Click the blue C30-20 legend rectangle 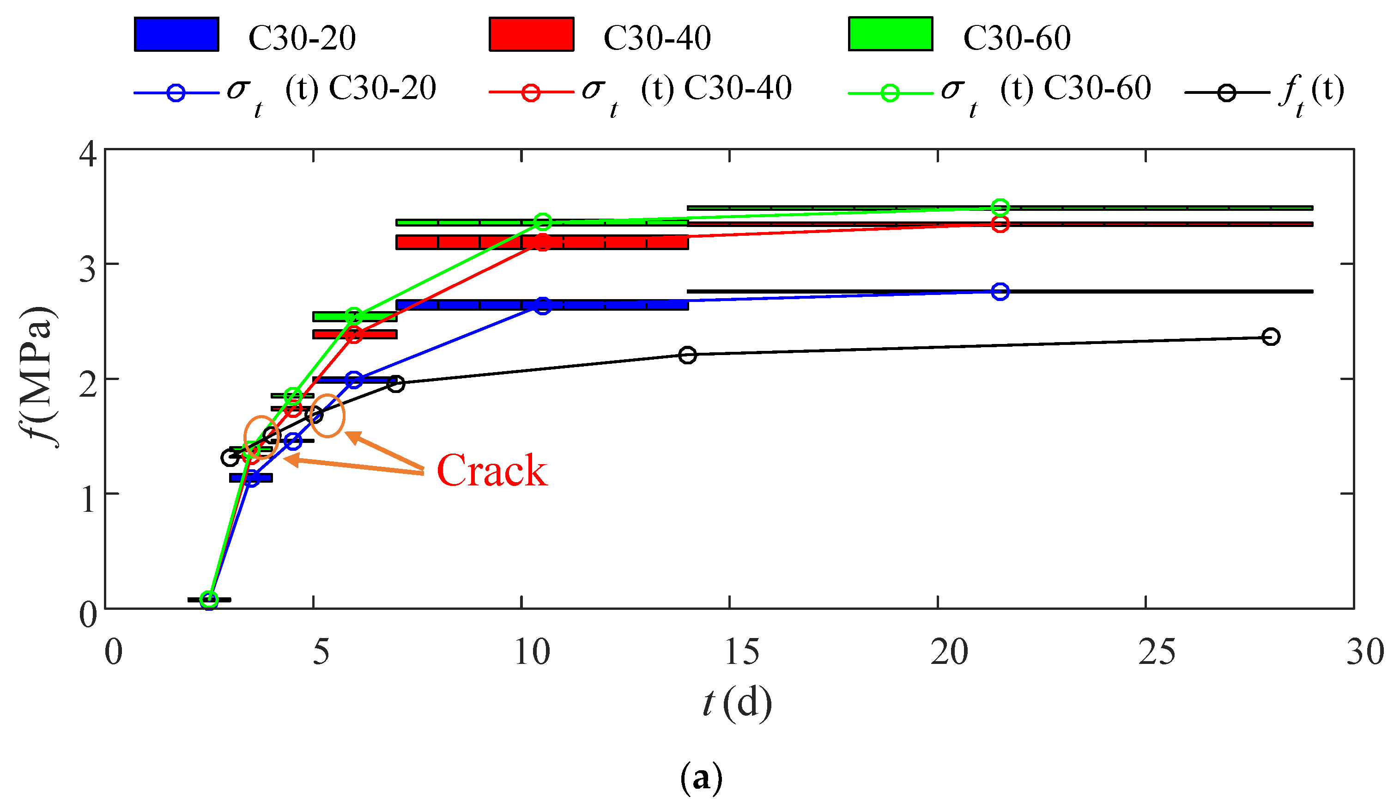pos(176,35)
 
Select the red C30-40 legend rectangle pos(531,35)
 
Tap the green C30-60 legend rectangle pos(890,35)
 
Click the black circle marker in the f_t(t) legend pos(1226,93)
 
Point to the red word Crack pos(491,471)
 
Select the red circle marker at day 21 pos(1000,224)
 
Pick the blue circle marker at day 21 pos(1000,291)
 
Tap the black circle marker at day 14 pos(688,355)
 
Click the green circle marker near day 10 pos(543,222)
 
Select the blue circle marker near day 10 pos(543,305)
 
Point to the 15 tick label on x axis pos(741,651)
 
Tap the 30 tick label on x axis pos(1364,651)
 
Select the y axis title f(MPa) pos(39,376)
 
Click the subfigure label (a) pos(701,777)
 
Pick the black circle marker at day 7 pos(395,384)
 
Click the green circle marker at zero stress pos(209,599)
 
